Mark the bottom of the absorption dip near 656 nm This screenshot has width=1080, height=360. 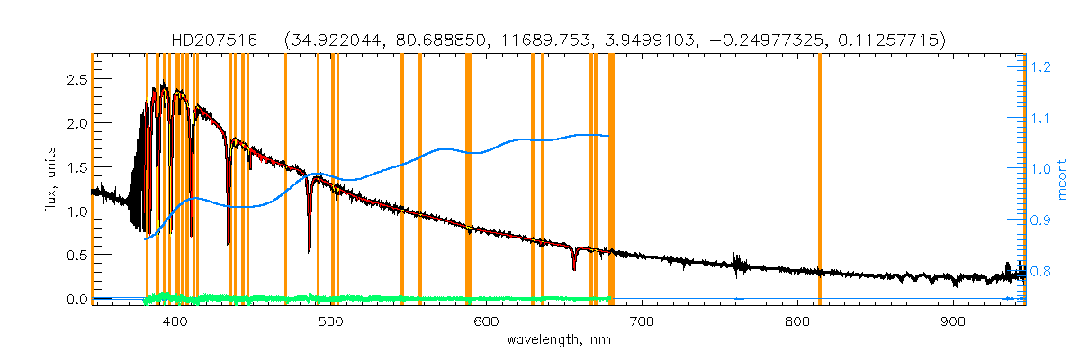tap(573, 268)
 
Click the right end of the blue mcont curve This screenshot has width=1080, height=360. tap(609, 136)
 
